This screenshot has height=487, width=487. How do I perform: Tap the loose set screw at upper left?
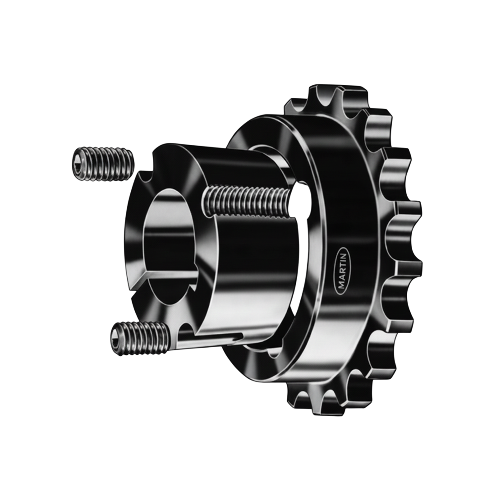point(103,164)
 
